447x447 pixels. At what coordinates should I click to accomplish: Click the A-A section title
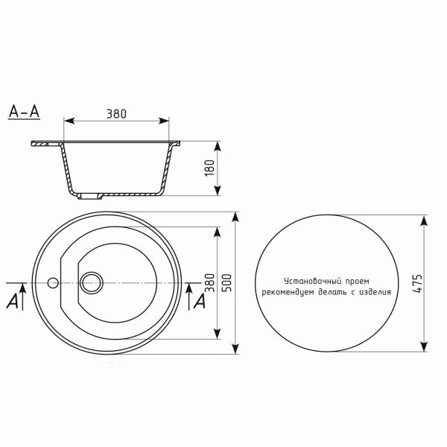pos(24,112)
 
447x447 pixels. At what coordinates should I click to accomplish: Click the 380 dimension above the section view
pos(116,114)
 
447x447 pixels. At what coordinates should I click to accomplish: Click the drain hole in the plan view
pos(93,282)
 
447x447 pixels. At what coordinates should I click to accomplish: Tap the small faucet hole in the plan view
pos(52,282)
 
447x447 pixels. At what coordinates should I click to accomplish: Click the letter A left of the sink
pos(13,302)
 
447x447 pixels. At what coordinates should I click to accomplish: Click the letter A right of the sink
pos(199,302)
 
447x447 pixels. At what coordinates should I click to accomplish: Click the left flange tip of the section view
pos(32,144)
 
